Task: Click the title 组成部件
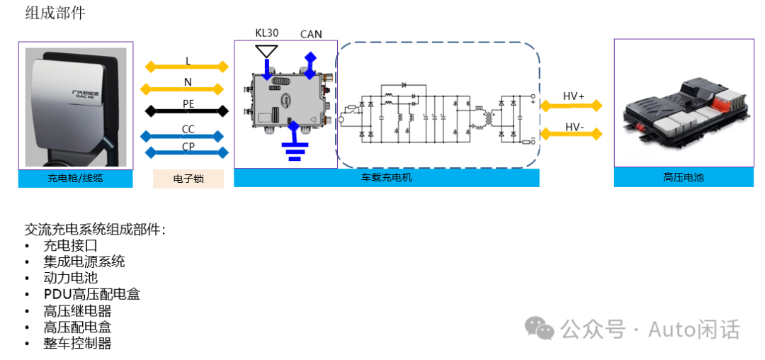coord(55,13)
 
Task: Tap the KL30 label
coord(268,33)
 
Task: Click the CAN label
coord(311,34)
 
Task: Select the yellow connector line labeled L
coord(187,67)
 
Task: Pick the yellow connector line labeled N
coord(187,89)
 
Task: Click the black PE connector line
coord(187,111)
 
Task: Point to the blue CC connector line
coord(187,135)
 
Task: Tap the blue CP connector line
coord(187,152)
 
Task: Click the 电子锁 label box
coord(188,179)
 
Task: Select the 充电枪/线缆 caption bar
coord(75,179)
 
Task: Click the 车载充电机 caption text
coord(386,178)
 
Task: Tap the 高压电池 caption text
coord(684,178)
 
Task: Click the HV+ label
coord(573,96)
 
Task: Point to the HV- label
coord(574,127)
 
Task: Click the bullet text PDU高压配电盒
coord(91,294)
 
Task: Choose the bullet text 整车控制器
coord(77,343)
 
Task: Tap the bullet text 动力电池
coord(70,278)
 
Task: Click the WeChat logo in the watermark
coord(540,328)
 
